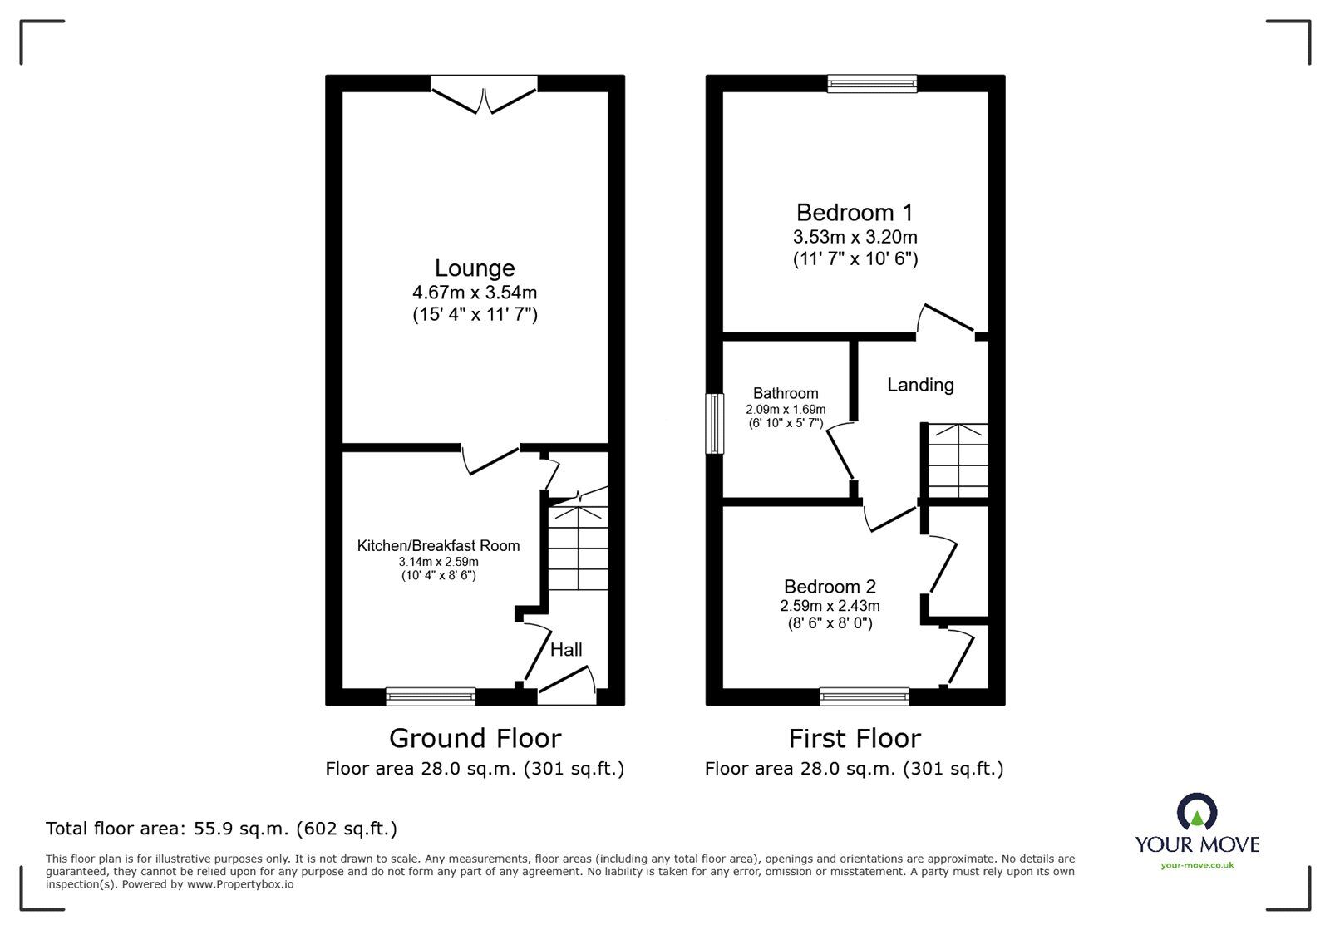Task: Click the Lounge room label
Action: pos(475,268)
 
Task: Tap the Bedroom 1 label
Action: pos(855,213)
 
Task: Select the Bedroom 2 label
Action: pos(829,587)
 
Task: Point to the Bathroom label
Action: pos(786,393)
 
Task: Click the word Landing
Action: pos(920,385)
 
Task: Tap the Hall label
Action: pos(566,650)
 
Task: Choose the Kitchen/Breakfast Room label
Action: pos(438,546)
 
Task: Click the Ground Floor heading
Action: pos(475,738)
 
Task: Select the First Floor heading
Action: pos(855,738)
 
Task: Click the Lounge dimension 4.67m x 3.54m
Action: pos(475,293)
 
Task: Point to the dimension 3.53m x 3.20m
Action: pos(855,238)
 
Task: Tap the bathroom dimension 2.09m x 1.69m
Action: pos(786,410)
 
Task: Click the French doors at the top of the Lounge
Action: pos(484,93)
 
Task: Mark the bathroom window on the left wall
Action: pos(714,424)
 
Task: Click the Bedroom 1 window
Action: pos(872,82)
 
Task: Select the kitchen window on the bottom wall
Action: pos(431,696)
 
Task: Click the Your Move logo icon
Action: pos(1197,812)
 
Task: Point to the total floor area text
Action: pos(221,829)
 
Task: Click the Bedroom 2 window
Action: pos(864,696)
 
